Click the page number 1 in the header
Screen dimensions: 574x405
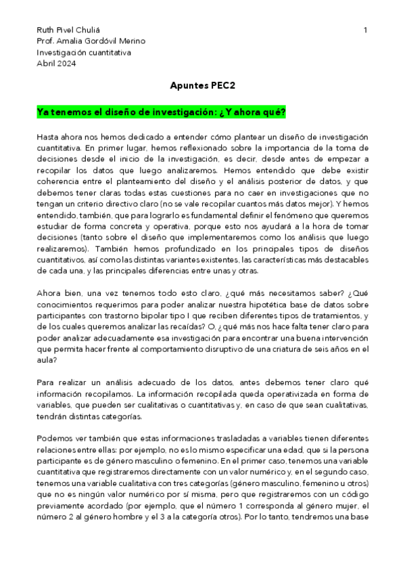[365, 30]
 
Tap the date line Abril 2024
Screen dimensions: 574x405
[56, 63]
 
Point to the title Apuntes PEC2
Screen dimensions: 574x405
[202, 86]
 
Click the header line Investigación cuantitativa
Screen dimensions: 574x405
[85, 52]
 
